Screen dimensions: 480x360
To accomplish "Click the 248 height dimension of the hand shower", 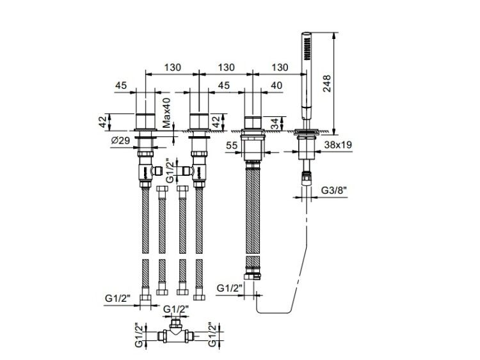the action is click(x=327, y=83).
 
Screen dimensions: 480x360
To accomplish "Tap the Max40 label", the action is click(x=166, y=113).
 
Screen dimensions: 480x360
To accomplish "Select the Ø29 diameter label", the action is click(x=120, y=141).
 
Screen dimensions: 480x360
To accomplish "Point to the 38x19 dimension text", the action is click(x=338, y=145).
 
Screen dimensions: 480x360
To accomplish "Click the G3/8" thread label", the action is click(x=333, y=191).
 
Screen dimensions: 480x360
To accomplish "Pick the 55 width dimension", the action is click(x=232, y=146).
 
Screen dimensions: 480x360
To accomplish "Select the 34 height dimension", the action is click(x=275, y=124).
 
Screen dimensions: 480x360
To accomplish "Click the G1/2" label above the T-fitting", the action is click(x=176, y=309).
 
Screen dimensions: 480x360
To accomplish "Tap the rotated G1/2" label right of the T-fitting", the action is click(x=212, y=334).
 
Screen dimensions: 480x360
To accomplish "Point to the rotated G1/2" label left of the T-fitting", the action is click(x=139, y=335).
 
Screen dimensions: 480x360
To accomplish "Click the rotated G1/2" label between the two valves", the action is click(x=170, y=170).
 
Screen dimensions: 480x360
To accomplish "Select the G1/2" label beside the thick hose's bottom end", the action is click(x=230, y=288).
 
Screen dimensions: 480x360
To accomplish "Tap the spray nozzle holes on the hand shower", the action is click(x=307, y=49).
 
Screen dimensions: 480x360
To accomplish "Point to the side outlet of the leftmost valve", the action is click(x=157, y=171).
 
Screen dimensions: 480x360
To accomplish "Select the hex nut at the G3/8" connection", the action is click(x=307, y=179).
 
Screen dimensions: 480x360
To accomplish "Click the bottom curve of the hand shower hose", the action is click(x=273, y=313).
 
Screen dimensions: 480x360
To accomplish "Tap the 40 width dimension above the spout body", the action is click(x=276, y=86).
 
